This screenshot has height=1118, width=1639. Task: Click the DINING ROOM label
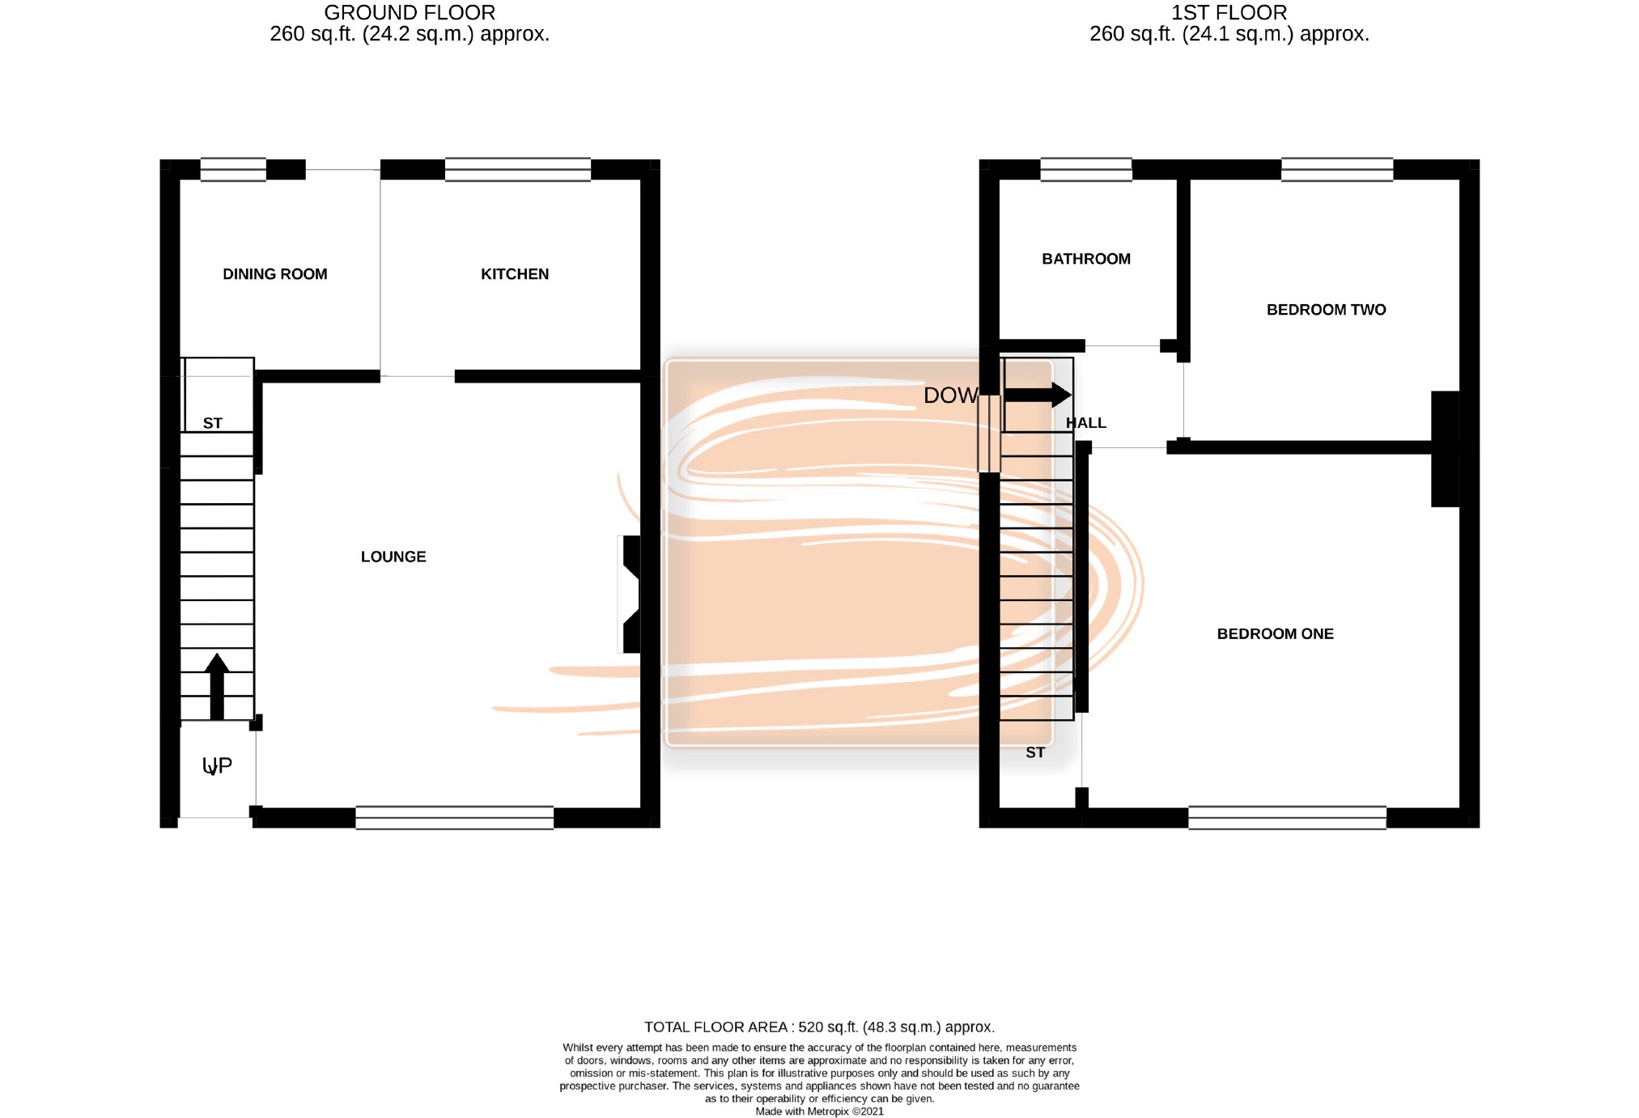click(x=275, y=274)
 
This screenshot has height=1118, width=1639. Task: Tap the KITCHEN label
click(x=515, y=274)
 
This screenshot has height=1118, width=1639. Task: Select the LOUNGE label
click(x=393, y=557)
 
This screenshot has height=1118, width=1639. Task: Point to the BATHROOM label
click(x=1086, y=259)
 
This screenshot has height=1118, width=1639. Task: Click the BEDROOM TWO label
click(x=1327, y=310)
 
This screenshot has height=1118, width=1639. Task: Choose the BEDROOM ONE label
click(x=1276, y=634)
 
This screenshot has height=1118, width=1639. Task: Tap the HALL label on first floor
click(x=1086, y=423)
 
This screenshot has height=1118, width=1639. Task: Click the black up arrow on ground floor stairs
click(x=217, y=686)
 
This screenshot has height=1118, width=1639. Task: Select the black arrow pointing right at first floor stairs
click(x=1038, y=395)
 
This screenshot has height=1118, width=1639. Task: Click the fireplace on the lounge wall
click(x=630, y=594)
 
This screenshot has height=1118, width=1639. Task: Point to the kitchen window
click(x=518, y=170)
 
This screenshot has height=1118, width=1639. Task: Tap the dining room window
click(x=233, y=170)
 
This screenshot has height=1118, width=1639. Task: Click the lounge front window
click(x=455, y=818)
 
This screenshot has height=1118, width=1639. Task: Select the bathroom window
click(x=1086, y=170)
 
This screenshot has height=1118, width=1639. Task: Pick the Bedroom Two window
click(x=1337, y=170)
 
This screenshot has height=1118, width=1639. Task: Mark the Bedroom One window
click(x=1288, y=818)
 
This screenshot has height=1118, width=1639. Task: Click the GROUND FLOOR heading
click(x=410, y=13)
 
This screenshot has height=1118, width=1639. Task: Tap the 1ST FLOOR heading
click(x=1229, y=13)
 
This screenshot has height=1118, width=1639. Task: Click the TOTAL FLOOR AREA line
click(x=819, y=1027)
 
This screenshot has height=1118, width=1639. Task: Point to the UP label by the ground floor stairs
click(x=217, y=765)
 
